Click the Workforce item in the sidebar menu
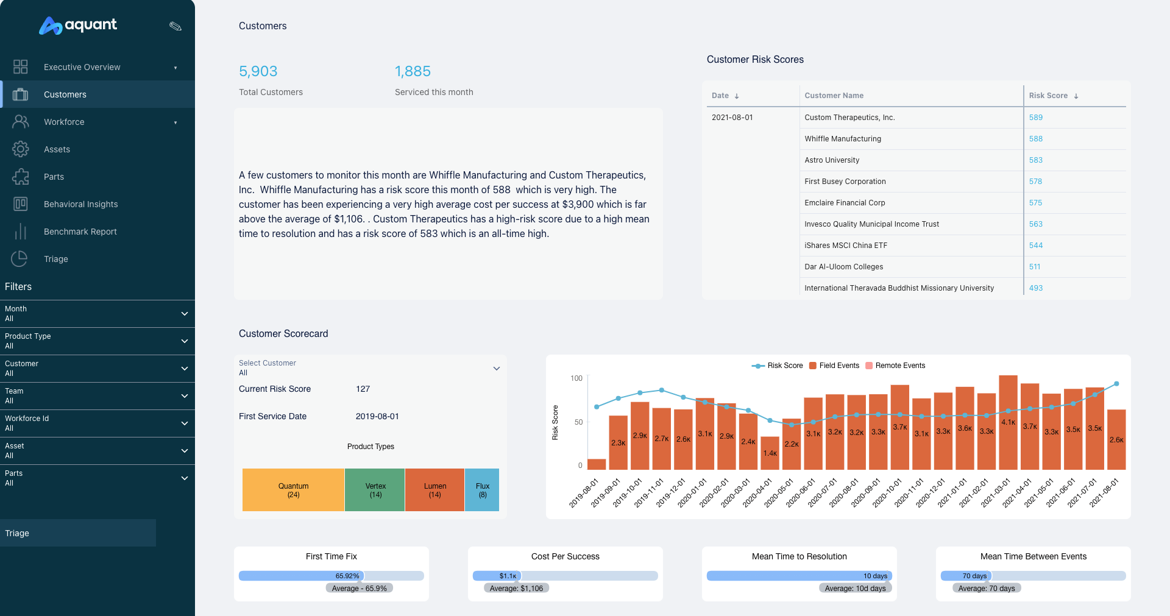click(x=64, y=122)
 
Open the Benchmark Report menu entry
click(x=80, y=232)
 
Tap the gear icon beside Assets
click(x=20, y=149)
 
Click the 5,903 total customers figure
click(x=258, y=71)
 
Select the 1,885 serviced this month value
click(x=413, y=71)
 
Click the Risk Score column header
click(x=1048, y=96)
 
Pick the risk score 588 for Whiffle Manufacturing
click(x=1035, y=139)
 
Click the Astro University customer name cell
click(x=832, y=160)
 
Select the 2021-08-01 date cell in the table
click(x=732, y=118)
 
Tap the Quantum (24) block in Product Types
click(x=293, y=490)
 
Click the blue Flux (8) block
click(x=482, y=490)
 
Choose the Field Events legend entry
click(x=834, y=366)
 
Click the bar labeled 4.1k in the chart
click(x=1008, y=422)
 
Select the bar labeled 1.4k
click(x=770, y=453)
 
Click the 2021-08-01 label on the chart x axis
click(x=1104, y=493)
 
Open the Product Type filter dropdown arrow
click(x=184, y=341)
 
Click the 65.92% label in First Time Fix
click(x=347, y=576)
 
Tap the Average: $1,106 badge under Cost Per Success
click(x=516, y=588)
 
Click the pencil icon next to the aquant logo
click(x=175, y=26)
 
